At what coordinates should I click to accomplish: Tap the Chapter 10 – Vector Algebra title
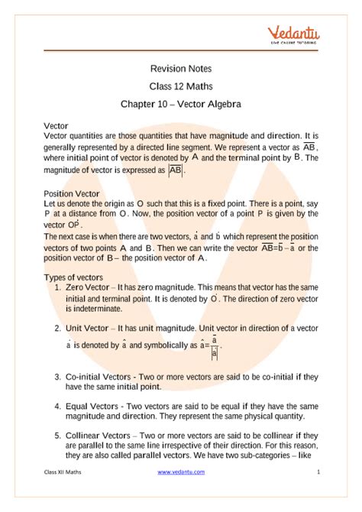coord(180,102)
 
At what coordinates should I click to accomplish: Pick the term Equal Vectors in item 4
coord(93,407)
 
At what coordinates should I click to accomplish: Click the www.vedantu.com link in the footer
coord(182,494)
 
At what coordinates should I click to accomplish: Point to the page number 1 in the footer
coord(317,494)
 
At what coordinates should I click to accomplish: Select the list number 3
coord(58,378)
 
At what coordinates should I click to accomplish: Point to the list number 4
coord(58,407)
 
